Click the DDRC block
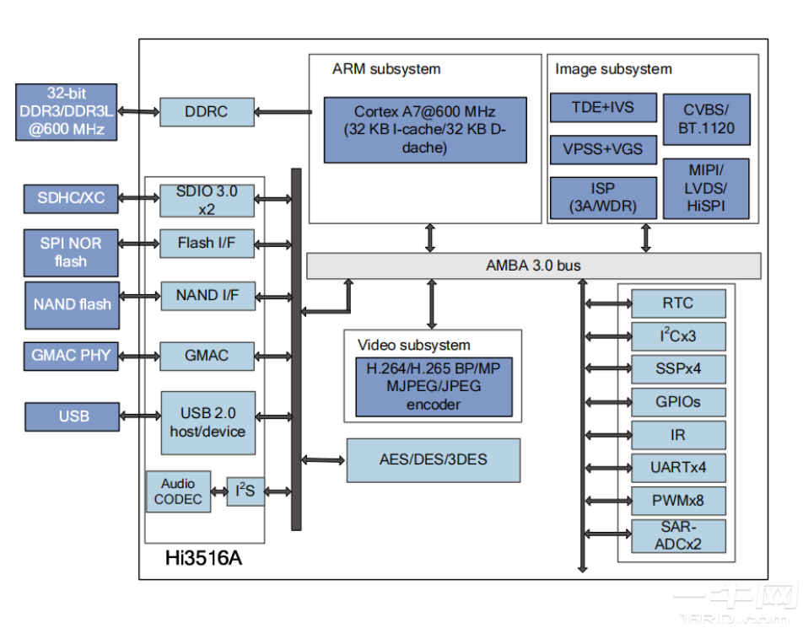click(207, 111)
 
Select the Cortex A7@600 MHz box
click(425, 130)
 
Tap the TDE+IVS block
click(603, 108)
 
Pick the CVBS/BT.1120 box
click(706, 119)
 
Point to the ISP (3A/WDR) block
click(603, 197)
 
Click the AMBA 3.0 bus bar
click(533, 266)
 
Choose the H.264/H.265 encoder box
click(434, 386)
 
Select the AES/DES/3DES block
click(433, 459)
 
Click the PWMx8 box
click(679, 501)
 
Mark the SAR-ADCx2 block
click(679, 535)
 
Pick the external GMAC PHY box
click(71, 356)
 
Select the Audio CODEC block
click(178, 491)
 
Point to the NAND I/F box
click(207, 296)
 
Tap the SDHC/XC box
click(71, 198)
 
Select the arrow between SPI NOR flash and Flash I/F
click(139, 244)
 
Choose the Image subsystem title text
click(613, 69)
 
